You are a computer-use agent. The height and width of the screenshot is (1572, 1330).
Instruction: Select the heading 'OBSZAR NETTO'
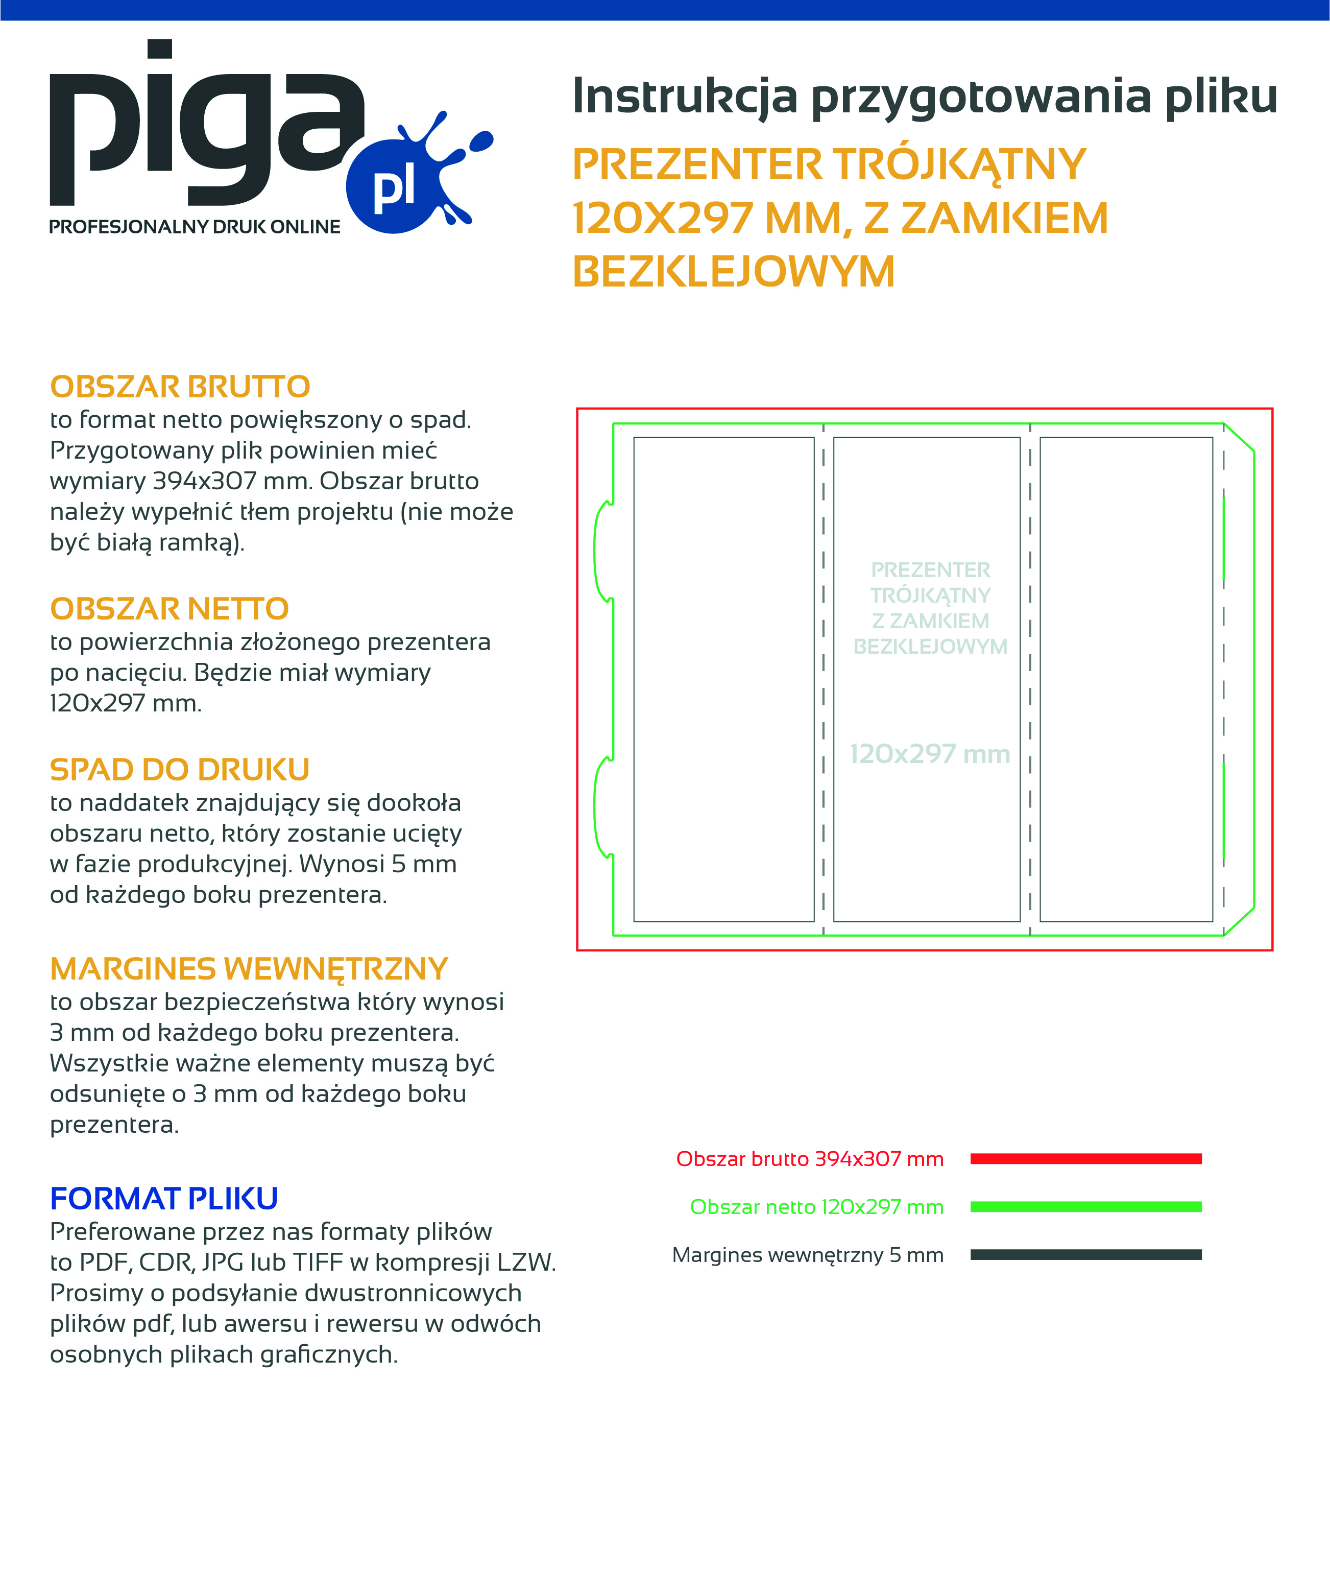pyautogui.click(x=170, y=609)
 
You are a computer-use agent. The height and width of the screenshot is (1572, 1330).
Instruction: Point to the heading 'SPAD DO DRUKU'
pyautogui.click(x=179, y=770)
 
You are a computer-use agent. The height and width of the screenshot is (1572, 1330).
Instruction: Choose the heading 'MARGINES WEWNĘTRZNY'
pyautogui.click(x=249, y=969)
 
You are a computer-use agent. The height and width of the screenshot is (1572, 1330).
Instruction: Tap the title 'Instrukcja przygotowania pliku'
pyautogui.click(x=925, y=97)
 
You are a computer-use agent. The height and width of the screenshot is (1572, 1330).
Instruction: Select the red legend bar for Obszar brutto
pyautogui.click(x=1086, y=1159)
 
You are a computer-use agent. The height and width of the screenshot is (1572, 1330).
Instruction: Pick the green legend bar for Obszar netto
pyautogui.click(x=1086, y=1207)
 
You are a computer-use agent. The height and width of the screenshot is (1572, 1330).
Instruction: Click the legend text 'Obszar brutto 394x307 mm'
pyautogui.click(x=810, y=1159)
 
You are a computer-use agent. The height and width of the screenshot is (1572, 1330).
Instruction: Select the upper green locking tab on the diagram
pyautogui.click(x=602, y=552)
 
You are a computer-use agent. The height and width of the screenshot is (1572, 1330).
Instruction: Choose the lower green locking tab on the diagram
pyautogui.click(x=602, y=807)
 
